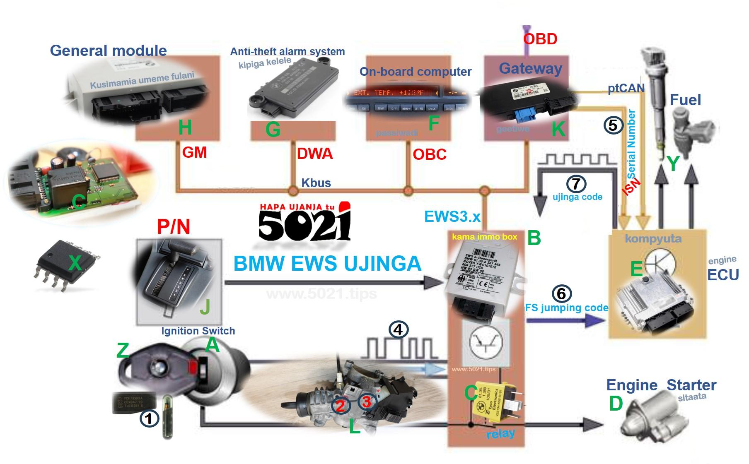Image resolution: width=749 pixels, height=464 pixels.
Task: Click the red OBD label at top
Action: (x=540, y=39)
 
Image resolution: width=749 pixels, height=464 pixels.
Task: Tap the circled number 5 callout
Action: (x=614, y=125)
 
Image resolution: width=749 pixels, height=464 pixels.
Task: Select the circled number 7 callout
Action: (x=576, y=183)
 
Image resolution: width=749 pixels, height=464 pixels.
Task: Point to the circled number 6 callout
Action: (x=561, y=293)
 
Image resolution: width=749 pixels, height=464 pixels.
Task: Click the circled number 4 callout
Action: (x=398, y=329)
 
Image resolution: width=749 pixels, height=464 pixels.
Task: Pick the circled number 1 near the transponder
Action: (x=149, y=418)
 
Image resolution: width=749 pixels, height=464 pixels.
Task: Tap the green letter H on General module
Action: (x=185, y=127)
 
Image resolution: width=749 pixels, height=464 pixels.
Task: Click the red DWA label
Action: (x=315, y=154)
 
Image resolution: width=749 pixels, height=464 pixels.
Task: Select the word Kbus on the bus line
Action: (x=316, y=183)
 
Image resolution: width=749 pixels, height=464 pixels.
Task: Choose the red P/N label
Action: (x=174, y=227)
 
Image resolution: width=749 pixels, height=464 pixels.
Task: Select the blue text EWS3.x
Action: (x=452, y=216)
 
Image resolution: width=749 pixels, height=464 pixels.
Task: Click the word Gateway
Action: (x=530, y=68)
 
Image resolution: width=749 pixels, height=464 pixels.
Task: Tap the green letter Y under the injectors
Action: (x=673, y=163)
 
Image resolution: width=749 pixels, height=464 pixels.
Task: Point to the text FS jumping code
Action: (x=567, y=308)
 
